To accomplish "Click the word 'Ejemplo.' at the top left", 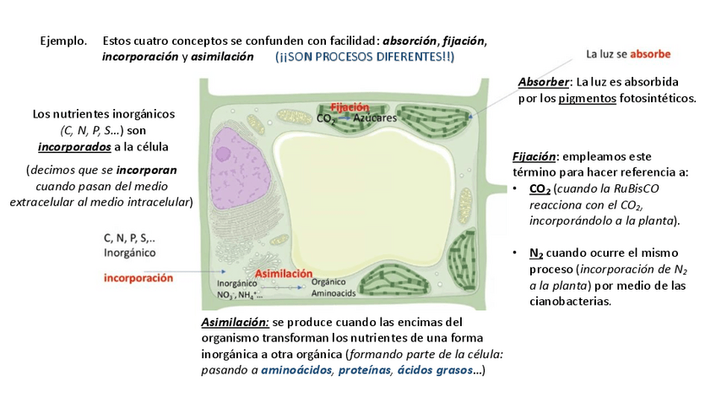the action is (63, 41).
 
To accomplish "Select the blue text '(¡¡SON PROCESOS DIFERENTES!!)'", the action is (364, 57).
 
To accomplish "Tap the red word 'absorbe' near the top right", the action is (650, 53).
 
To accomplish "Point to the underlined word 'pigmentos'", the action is (589, 98).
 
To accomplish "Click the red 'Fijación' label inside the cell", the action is (350, 107).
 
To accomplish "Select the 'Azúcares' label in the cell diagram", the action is (375, 119).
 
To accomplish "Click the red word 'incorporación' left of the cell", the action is (138, 277).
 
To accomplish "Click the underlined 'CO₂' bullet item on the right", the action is (540, 188).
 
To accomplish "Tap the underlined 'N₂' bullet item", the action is (538, 253).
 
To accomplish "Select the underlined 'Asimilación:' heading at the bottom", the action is (235, 323).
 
